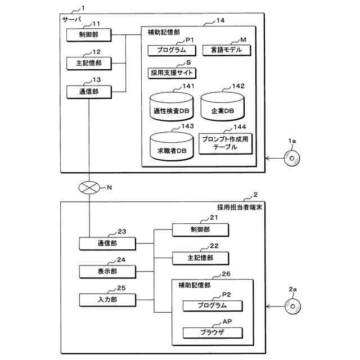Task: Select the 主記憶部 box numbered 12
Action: pyautogui.click(x=89, y=63)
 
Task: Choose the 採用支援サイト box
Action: pyautogui.click(x=173, y=73)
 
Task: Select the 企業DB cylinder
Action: pyautogui.click(x=223, y=106)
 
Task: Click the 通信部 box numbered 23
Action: pyautogui.click(x=107, y=244)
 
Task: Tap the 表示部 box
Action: pyautogui.click(x=107, y=272)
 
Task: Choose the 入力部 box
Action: pyautogui.click(x=107, y=299)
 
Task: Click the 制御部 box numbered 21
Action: pyautogui.click(x=200, y=229)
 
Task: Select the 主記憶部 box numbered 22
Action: pyautogui.click(x=200, y=258)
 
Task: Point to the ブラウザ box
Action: pyautogui.click(x=212, y=332)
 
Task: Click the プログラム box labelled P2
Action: pyautogui.click(x=212, y=305)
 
